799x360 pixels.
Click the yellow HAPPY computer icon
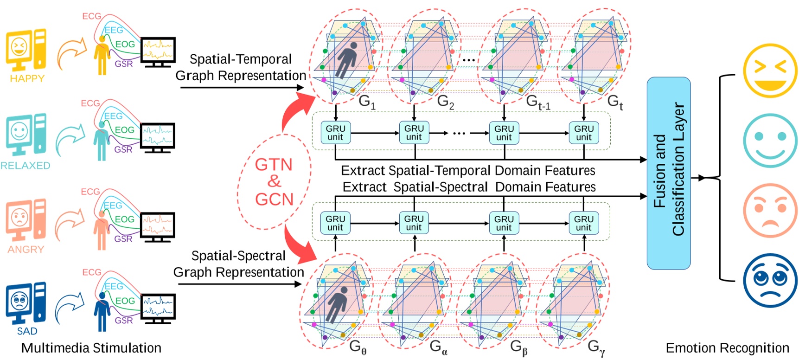point(26,49)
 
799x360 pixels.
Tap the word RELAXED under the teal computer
point(26,166)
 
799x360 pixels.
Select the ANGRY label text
point(26,250)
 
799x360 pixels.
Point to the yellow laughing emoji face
point(770,71)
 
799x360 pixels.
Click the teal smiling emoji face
point(770,140)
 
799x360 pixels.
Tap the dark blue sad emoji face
point(770,280)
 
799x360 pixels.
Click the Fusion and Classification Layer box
point(668,173)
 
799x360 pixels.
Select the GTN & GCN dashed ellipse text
point(274,182)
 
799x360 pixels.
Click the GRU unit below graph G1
point(335,133)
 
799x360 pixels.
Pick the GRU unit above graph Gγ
point(583,223)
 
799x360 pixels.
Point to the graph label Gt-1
point(538,102)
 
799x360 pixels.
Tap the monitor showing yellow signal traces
point(158,51)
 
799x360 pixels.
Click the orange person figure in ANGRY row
point(101,231)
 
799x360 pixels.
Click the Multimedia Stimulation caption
point(91,348)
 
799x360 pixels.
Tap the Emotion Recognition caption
point(727,348)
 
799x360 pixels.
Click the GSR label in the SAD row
point(123,321)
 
